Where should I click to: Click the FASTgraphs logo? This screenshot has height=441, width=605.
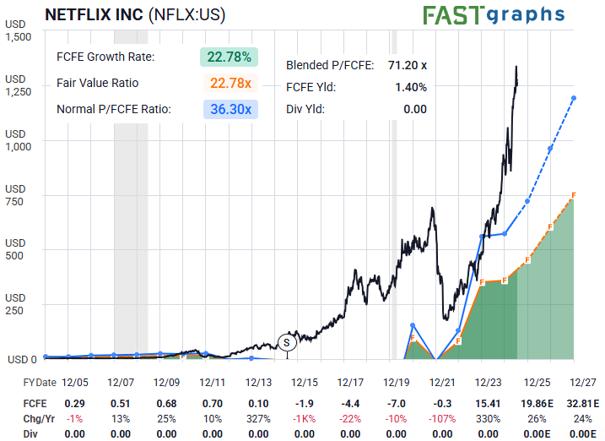pos(494,14)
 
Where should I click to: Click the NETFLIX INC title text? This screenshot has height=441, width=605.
pos(92,14)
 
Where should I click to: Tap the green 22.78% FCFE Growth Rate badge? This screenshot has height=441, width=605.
pos(229,57)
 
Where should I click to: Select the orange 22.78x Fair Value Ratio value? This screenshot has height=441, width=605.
pos(230,83)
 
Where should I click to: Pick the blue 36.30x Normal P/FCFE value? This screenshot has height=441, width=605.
pos(230,109)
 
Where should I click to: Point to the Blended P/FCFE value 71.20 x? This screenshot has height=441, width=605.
pos(407,64)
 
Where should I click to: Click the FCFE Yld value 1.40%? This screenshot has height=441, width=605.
pos(411,86)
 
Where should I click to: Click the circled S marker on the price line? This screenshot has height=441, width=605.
pos(287,342)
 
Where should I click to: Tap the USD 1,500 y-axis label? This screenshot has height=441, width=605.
pos(18,30)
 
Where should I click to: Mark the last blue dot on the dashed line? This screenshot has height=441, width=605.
pos(574,98)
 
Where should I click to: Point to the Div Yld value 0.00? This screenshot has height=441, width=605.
pos(414,108)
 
